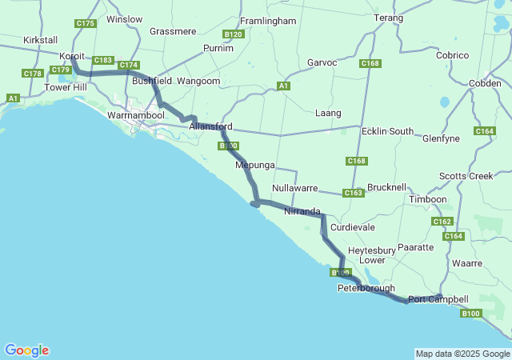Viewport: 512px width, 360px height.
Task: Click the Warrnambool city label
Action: (135, 115)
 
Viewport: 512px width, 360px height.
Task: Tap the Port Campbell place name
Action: (438, 299)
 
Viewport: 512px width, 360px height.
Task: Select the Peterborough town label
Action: (366, 288)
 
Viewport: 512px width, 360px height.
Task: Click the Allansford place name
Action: (211, 126)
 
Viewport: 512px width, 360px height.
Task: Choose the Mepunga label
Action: (255, 165)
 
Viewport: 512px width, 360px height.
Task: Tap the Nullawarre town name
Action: (295, 188)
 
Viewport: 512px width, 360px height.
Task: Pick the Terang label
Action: (388, 17)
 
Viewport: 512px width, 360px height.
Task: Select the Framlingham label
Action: (269, 20)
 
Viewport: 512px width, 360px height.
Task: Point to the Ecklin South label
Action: (387, 131)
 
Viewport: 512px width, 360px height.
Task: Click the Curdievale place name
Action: (353, 227)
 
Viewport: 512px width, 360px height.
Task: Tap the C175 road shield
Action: (86, 24)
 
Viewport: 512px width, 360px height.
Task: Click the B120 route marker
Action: (234, 34)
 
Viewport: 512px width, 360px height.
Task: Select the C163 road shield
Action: (354, 193)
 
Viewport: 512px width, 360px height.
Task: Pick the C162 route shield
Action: (442, 222)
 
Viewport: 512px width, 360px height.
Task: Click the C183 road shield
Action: (103, 60)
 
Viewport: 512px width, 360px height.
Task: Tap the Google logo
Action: (26, 350)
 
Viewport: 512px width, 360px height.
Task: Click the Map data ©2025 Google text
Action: (462, 354)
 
